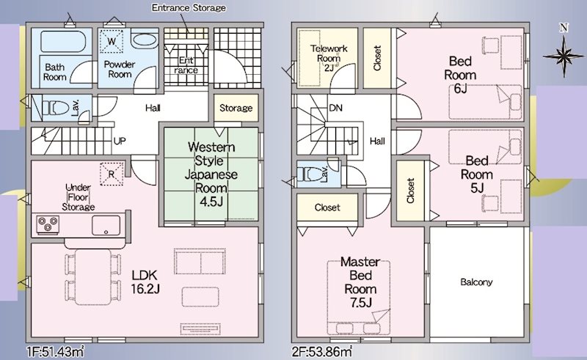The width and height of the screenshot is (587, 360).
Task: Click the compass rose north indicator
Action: pos(564,55)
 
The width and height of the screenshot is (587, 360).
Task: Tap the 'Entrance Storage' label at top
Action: pos(189,8)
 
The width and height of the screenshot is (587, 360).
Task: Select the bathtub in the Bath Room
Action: pos(63,42)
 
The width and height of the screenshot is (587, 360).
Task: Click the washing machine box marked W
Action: pos(112,41)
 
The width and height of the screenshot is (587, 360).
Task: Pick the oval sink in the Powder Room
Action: pos(145,40)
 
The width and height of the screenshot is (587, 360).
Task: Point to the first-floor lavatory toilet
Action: pos(56,109)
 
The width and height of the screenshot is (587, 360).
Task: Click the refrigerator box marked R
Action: pos(112,174)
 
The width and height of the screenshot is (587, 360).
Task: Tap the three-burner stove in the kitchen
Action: pos(48,224)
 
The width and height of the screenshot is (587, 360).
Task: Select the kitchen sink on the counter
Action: pos(106,225)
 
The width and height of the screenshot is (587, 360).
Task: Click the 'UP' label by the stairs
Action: pos(120,141)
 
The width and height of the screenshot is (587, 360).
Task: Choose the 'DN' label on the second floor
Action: pos(335,108)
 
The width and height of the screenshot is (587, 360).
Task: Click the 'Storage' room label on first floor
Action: pos(236,109)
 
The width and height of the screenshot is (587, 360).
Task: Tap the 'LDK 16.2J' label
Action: pos(145,282)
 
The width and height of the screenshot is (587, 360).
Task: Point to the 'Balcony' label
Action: pos(476,282)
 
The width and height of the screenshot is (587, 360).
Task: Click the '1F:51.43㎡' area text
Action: pos(56,352)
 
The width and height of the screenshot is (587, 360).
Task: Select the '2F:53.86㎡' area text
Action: pos(322,352)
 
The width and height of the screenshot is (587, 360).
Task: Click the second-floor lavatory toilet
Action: pos(310,174)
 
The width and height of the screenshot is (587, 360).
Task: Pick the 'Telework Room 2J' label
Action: pos(329,58)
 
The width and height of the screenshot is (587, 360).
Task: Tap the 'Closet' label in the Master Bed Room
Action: pos(327,207)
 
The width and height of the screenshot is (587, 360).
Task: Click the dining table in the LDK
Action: pos(93,277)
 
